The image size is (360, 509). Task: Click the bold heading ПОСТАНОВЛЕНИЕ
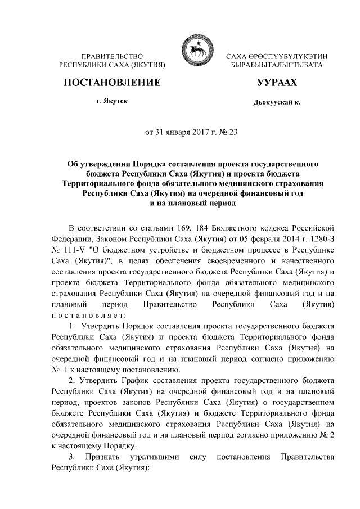[112, 83]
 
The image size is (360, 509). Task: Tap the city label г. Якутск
[111, 101]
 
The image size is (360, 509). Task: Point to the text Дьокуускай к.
[277, 103]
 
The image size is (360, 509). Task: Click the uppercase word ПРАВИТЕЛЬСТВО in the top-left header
[112, 57]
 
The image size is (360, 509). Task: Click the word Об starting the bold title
[73, 163]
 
